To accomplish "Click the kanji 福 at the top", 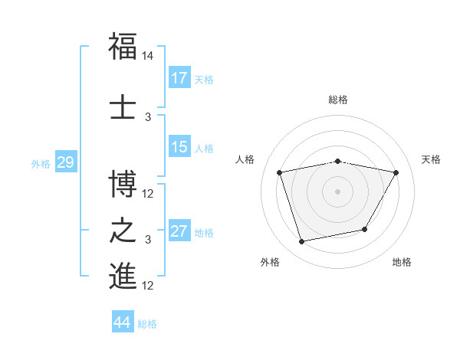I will pos(123,46).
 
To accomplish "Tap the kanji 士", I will pos(123,106).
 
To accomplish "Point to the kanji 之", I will pos(123,231).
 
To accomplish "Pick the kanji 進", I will pos(123,277).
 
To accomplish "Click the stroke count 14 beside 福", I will pos(148,57).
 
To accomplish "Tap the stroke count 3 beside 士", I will pos(148,117).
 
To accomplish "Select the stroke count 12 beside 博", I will pos(148,194).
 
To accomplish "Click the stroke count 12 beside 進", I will pos(148,286).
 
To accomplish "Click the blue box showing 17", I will pos(179,78).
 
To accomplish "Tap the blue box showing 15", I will pos(179,147).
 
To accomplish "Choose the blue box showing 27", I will pos(179,231).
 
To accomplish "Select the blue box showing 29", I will pos(65,162).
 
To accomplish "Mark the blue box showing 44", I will pos(123,322).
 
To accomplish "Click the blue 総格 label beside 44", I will pos(147,324).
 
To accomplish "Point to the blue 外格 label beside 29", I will pos(41,164).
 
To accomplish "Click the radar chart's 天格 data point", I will pos(396,173).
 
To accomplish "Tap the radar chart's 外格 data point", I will pos(302,241).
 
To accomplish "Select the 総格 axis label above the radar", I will pos(338,100).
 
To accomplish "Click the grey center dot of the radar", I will pos(338,191).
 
